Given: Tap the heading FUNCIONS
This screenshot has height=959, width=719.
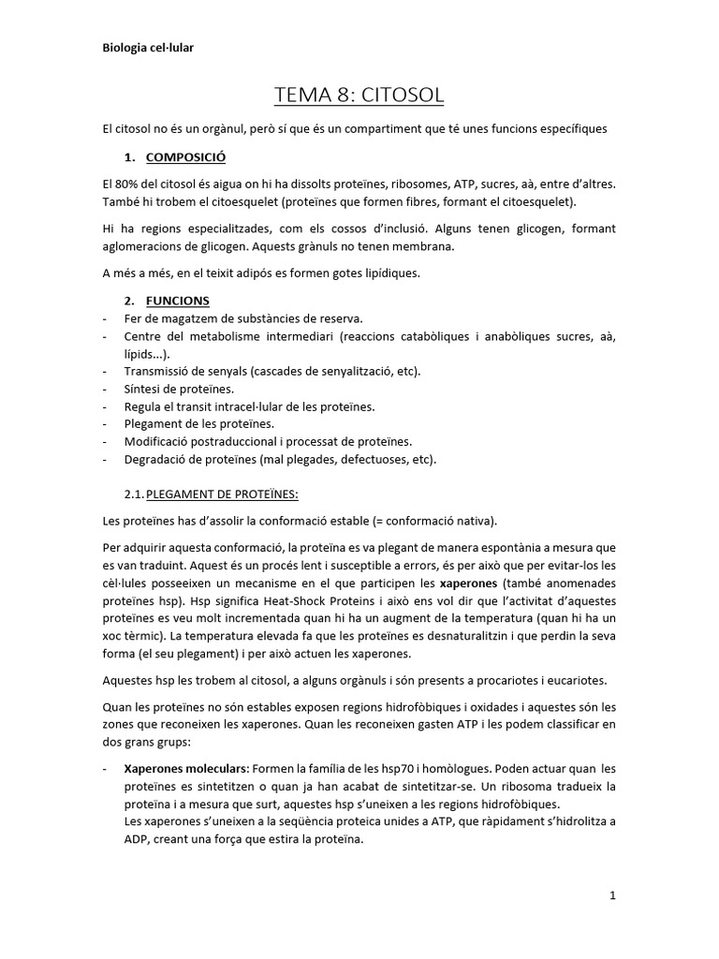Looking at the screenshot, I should (178, 301).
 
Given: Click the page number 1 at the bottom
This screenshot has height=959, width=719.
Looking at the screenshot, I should (612, 895).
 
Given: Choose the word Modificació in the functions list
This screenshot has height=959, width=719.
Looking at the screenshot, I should (159, 441).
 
